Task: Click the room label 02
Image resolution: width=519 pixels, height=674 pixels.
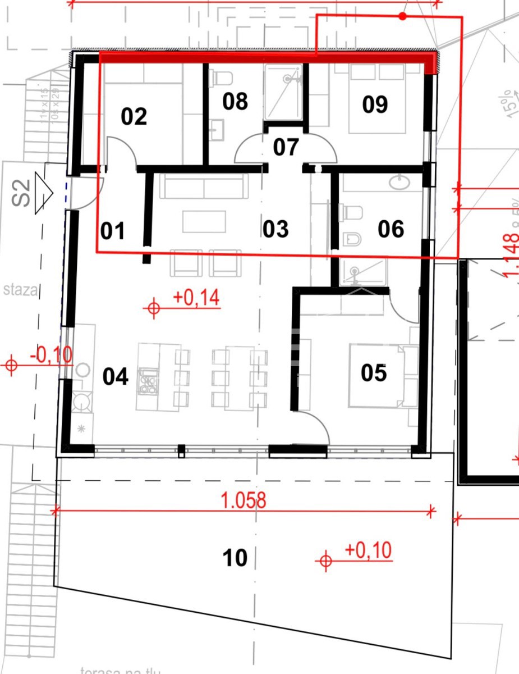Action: coord(134,116)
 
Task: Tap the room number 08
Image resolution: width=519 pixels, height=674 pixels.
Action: coord(235,102)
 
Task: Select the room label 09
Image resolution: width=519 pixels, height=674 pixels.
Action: coord(375,104)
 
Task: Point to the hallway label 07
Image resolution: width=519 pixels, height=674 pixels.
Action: coord(286,147)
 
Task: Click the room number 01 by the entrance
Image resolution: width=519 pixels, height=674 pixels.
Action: coord(113,231)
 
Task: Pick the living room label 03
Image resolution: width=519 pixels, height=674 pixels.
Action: coord(275,229)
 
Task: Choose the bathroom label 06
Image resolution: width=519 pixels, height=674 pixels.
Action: coord(391,229)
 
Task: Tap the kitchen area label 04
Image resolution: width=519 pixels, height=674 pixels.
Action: coord(116,376)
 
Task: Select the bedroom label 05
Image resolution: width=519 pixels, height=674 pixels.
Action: coord(374,372)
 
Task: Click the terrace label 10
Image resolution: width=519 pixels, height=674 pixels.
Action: coord(235,558)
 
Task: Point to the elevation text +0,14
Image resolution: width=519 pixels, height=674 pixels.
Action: coord(196,297)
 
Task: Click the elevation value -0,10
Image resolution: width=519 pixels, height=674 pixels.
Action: coord(51,355)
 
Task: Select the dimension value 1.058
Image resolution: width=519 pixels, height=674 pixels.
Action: coord(244,500)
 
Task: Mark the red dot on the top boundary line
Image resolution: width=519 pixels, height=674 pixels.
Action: coord(402,16)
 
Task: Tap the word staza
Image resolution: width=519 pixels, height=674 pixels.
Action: coord(20,290)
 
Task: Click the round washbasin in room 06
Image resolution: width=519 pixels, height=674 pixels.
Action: coord(402,182)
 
